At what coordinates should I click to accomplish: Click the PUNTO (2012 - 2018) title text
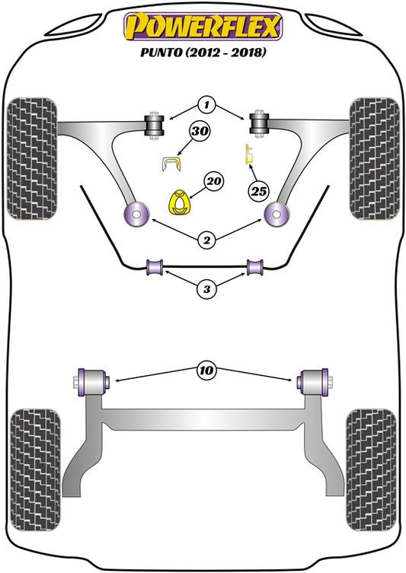pos(203,54)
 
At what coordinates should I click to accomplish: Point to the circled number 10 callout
pos(204,371)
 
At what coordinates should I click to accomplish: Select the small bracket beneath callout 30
pos(174,161)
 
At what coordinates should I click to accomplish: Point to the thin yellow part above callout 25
pos(247,154)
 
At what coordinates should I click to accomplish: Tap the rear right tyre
pos(370,460)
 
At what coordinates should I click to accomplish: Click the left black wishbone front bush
pos(155,123)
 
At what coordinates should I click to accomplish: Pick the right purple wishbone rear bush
pos(275,214)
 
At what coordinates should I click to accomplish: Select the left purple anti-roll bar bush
pos(156,267)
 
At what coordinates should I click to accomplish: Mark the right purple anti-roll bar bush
pos(254,267)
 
